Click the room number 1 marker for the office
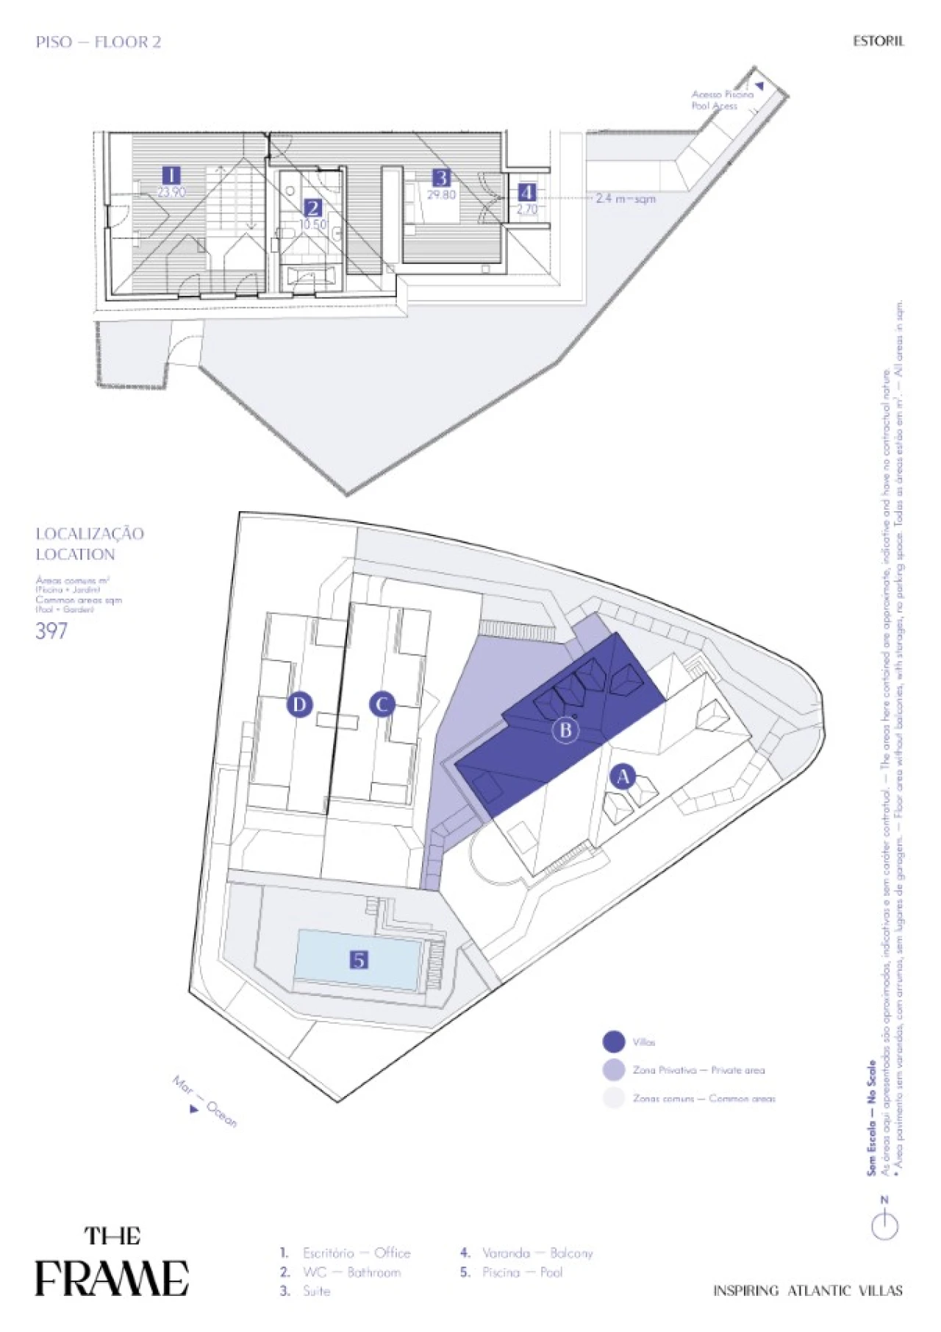coord(171,175)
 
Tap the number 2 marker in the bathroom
coord(313,208)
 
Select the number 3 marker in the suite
coord(441,178)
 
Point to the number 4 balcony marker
coord(527,192)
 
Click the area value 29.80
coord(441,195)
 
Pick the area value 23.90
coord(171,192)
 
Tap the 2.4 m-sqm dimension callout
coord(625,199)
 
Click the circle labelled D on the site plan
coord(299,704)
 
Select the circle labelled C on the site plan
coord(382,704)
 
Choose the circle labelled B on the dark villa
coord(566,730)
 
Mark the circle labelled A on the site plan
coord(623,776)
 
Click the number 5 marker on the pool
coord(359,959)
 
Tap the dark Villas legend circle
coord(614,1041)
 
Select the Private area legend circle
coord(614,1069)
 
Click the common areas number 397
coord(51,631)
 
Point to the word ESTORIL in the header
coord(878,41)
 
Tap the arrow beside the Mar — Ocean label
coord(194,1108)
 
